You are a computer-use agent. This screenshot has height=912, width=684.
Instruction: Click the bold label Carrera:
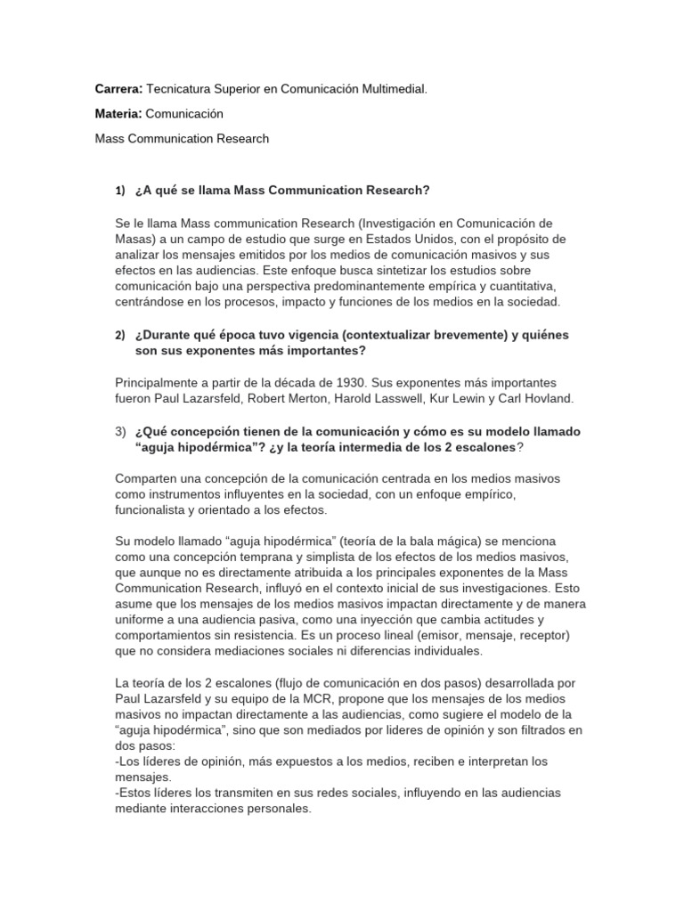(x=118, y=90)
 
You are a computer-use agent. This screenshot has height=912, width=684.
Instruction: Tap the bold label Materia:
(x=118, y=114)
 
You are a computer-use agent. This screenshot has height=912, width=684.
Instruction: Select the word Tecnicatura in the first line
(x=181, y=90)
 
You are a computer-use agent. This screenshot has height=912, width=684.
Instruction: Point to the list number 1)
(x=122, y=191)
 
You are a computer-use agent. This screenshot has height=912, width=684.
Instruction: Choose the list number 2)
(x=121, y=335)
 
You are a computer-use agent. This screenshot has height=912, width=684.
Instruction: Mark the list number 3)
(x=121, y=431)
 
